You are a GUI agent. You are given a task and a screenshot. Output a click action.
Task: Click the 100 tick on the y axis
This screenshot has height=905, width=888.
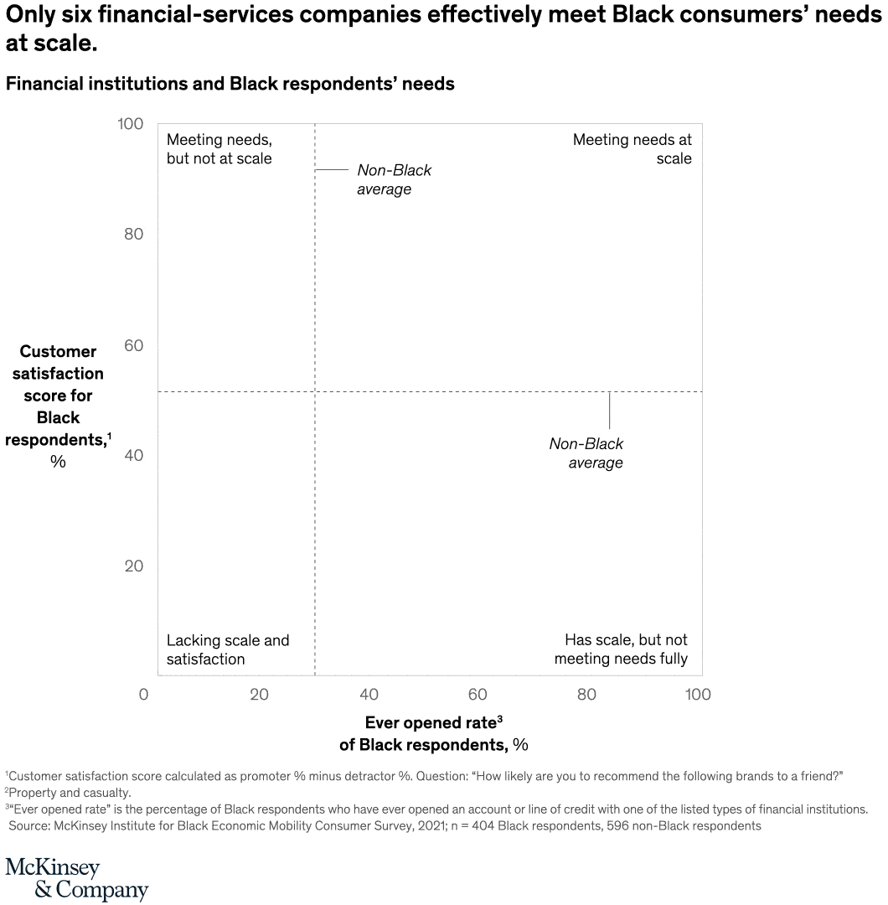coord(129,124)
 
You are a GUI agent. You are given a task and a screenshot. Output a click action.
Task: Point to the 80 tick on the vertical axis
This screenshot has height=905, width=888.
coord(133,234)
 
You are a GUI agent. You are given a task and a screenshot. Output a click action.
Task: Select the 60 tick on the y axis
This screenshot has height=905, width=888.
coord(133,345)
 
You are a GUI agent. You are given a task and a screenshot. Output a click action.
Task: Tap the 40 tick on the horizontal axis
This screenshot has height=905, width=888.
coord(369,694)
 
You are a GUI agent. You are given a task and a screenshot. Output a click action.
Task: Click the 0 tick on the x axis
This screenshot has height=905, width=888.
coord(144,694)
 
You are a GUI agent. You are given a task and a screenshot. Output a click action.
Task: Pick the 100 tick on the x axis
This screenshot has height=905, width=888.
coord(697,694)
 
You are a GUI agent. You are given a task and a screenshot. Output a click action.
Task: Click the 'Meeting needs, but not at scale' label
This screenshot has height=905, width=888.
coord(219,149)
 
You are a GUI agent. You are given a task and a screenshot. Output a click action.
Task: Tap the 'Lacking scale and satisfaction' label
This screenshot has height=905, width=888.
coord(227,649)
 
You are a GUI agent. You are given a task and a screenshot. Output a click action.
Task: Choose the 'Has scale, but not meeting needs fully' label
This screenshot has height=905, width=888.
coord(621,649)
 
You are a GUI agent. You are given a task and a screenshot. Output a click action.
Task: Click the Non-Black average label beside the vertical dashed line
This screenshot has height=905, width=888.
coord(394,179)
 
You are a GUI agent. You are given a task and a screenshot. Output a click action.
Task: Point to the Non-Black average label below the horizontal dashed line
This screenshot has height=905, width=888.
coord(586,453)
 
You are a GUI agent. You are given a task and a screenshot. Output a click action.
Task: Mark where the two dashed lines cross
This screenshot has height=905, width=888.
coord(314,391)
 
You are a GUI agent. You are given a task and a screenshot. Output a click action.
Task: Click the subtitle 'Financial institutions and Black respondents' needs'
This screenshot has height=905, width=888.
coord(230,84)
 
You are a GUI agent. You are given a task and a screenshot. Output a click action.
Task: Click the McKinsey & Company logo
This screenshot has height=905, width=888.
coord(76,878)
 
